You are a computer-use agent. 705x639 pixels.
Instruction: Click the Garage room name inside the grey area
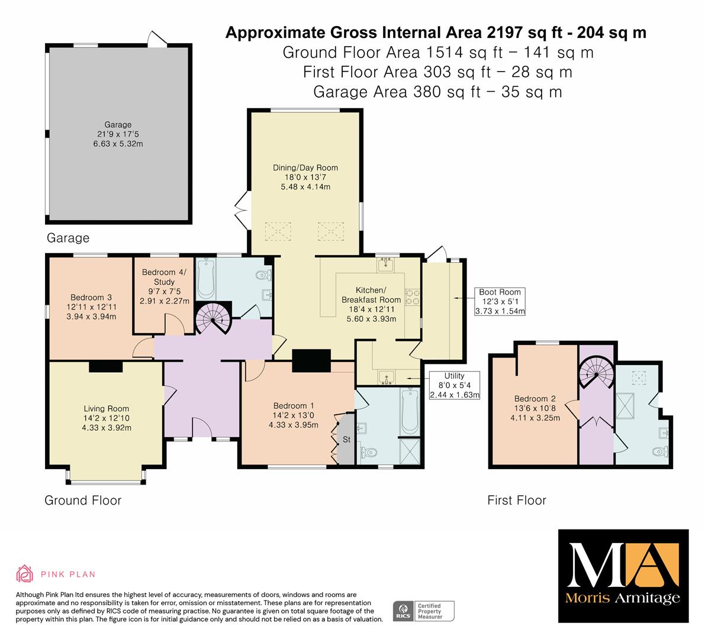coord(118,124)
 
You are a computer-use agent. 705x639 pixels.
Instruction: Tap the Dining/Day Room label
coord(305,167)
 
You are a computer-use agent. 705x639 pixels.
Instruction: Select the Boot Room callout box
coord(500,302)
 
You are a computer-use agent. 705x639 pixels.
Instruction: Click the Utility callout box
coord(454,385)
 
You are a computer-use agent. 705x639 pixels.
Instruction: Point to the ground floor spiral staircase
coord(213,318)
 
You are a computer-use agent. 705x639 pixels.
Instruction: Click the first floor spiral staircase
coord(596,373)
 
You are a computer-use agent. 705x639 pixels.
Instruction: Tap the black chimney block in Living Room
coord(106,367)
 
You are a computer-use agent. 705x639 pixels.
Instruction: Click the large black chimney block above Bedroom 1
coord(311,361)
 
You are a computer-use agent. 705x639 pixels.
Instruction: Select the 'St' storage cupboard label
coord(346,440)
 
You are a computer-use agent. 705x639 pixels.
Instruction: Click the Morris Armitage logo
coord(623,576)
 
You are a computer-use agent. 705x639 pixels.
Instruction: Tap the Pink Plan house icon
coord(24,574)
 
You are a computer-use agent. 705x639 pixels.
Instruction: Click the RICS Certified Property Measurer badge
coord(424,611)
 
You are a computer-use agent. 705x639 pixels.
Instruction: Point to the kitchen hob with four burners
coord(413,297)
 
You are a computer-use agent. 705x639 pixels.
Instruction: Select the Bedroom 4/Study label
coord(164,277)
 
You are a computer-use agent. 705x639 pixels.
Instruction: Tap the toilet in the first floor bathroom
coord(661,450)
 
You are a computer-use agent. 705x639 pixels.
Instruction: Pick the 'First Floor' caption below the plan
coord(517,500)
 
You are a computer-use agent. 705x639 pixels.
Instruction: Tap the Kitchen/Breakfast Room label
coord(371,295)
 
